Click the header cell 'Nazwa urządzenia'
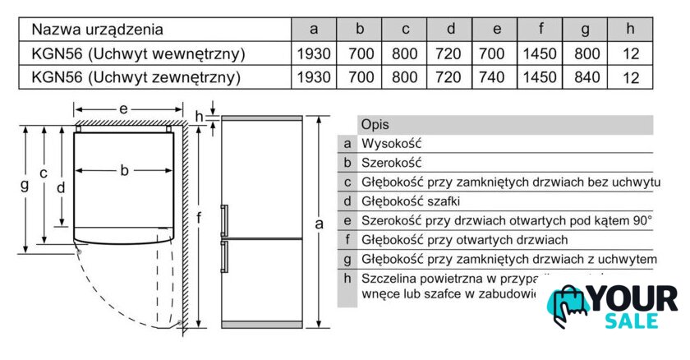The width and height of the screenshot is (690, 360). [97, 30]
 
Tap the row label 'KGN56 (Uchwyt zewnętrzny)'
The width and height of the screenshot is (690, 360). [136, 78]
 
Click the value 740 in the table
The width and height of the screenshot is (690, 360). [496, 78]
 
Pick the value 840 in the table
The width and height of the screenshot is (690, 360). [585, 78]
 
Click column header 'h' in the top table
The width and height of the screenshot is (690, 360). [630, 30]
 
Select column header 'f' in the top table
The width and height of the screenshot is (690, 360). [540, 30]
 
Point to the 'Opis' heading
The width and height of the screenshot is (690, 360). [375, 125]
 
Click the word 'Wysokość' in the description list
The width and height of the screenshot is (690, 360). [392, 144]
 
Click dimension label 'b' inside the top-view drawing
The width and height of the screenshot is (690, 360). [124, 171]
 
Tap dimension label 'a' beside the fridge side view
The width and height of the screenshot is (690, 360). [319, 223]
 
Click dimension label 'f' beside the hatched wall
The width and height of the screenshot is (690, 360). [200, 218]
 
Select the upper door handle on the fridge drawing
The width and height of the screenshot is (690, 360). [223, 220]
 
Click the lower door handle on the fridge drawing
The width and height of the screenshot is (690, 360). [223, 257]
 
